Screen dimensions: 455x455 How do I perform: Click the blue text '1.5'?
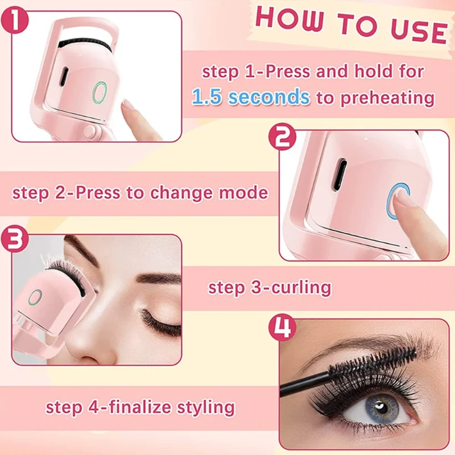click(210, 97)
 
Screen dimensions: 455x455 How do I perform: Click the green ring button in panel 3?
click(36, 297)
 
